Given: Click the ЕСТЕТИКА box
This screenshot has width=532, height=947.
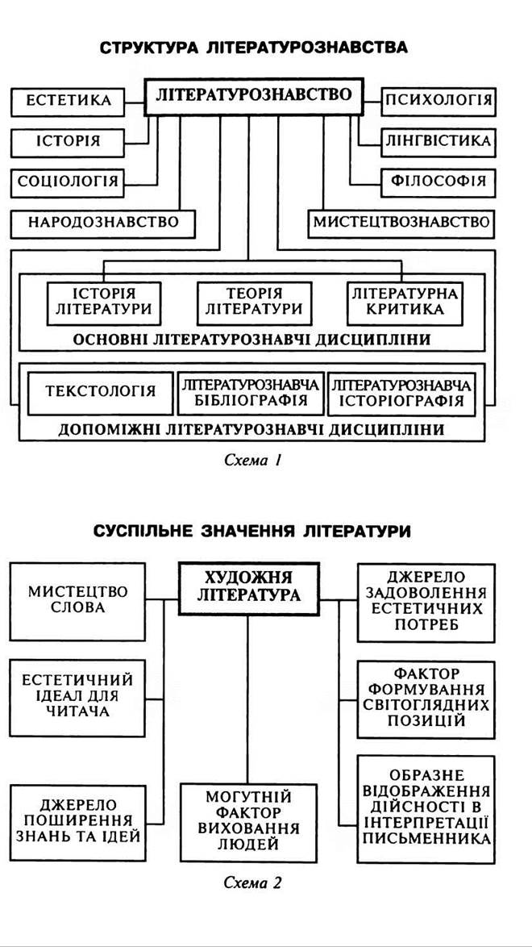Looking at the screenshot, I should click(x=68, y=102).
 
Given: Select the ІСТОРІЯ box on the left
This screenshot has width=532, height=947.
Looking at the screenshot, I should click(x=68, y=141).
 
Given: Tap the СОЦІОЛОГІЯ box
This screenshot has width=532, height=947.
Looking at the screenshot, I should click(x=68, y=181).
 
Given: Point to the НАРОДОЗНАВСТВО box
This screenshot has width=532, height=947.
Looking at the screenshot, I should click(x=102, y=222).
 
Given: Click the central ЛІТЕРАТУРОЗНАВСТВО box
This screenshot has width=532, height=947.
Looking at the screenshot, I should click(x=254, y=96).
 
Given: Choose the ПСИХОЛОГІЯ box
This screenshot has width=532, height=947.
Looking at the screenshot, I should click(x=438, y=102).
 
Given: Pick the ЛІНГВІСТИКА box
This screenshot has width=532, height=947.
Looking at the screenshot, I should click(x=438, y=141).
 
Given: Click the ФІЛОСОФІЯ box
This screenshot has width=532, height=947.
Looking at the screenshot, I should click(x=438, y=181).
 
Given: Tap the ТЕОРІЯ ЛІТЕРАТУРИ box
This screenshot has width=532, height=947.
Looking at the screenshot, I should click(x=253, y=300).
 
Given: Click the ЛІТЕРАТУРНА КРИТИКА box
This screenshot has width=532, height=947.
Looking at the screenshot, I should click(x=404, y=300).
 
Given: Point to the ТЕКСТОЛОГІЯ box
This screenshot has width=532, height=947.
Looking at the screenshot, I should click(x=100, y=392).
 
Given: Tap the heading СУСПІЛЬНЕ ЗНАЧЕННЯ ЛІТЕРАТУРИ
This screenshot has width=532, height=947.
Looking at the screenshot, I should click(x=252, y=532).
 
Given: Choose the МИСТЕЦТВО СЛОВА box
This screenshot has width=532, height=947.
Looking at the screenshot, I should click(x=77, y=599).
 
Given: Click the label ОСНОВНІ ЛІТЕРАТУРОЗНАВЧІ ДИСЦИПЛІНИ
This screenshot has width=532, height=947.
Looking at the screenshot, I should click(x=251, y=340).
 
